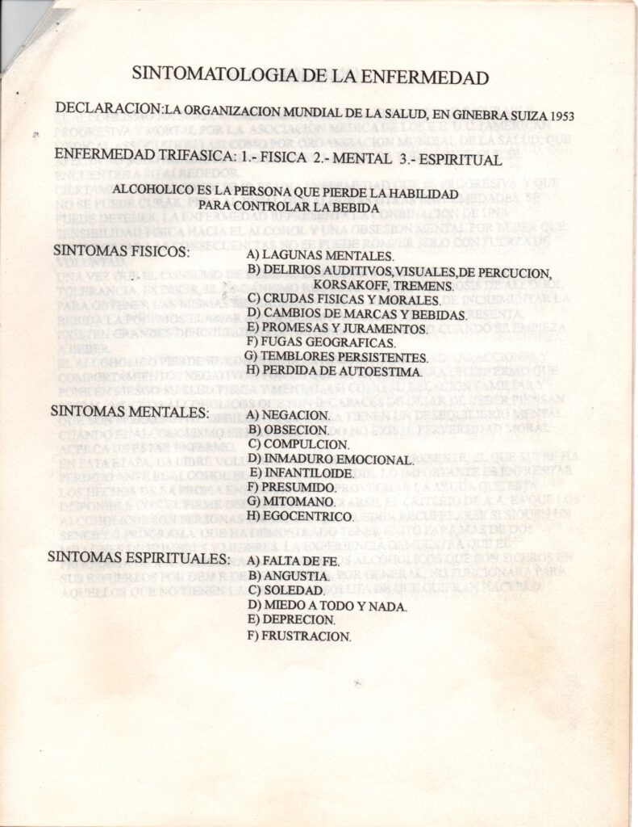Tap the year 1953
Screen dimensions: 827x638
point(559,115)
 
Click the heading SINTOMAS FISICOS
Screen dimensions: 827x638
point(120,251)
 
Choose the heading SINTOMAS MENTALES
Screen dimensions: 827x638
point(130,411)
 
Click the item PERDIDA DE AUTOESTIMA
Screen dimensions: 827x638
point(335,372)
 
